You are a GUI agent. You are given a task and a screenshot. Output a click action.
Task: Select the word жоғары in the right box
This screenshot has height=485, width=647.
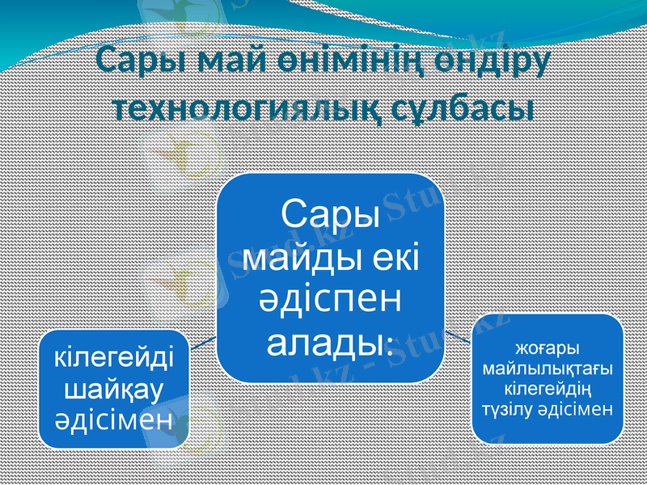(x=548, y=348)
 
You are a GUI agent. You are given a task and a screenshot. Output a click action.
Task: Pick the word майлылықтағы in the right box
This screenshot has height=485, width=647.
(x=548, y=369)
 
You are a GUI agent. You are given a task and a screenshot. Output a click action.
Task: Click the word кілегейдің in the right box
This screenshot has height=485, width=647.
(x=548, y=389)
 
